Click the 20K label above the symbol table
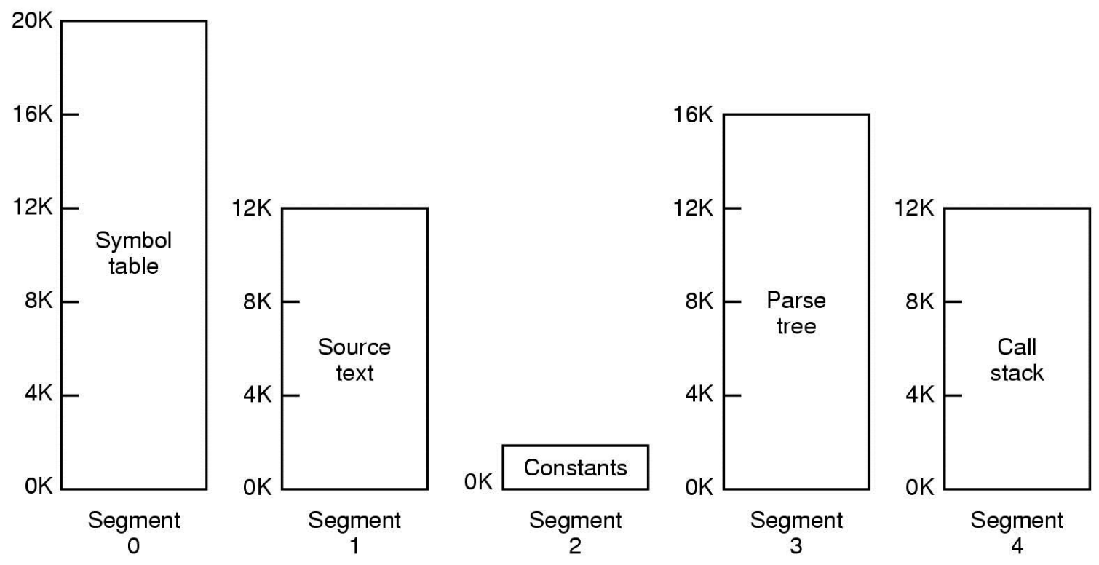(32, 20)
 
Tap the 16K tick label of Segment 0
(32, 114)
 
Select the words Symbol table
(133, 253)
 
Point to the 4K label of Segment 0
(39, 394)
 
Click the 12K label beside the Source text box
(251, 208)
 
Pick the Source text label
(354, 360)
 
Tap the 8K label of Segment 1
(257, 301)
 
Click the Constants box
(576, 467)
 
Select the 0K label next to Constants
(478, 481)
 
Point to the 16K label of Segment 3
(693, 114)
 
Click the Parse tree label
(796, 313)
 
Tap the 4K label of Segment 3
(699, 394)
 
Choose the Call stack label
(1017, 360)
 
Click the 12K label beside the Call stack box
(914, 208)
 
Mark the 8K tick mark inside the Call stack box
(953, 301)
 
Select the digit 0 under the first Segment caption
(133, 546)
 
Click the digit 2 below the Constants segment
(575, 546)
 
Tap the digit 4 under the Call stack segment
(1017, 546)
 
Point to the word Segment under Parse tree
(796, 521)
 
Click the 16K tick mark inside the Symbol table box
(70, 114)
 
